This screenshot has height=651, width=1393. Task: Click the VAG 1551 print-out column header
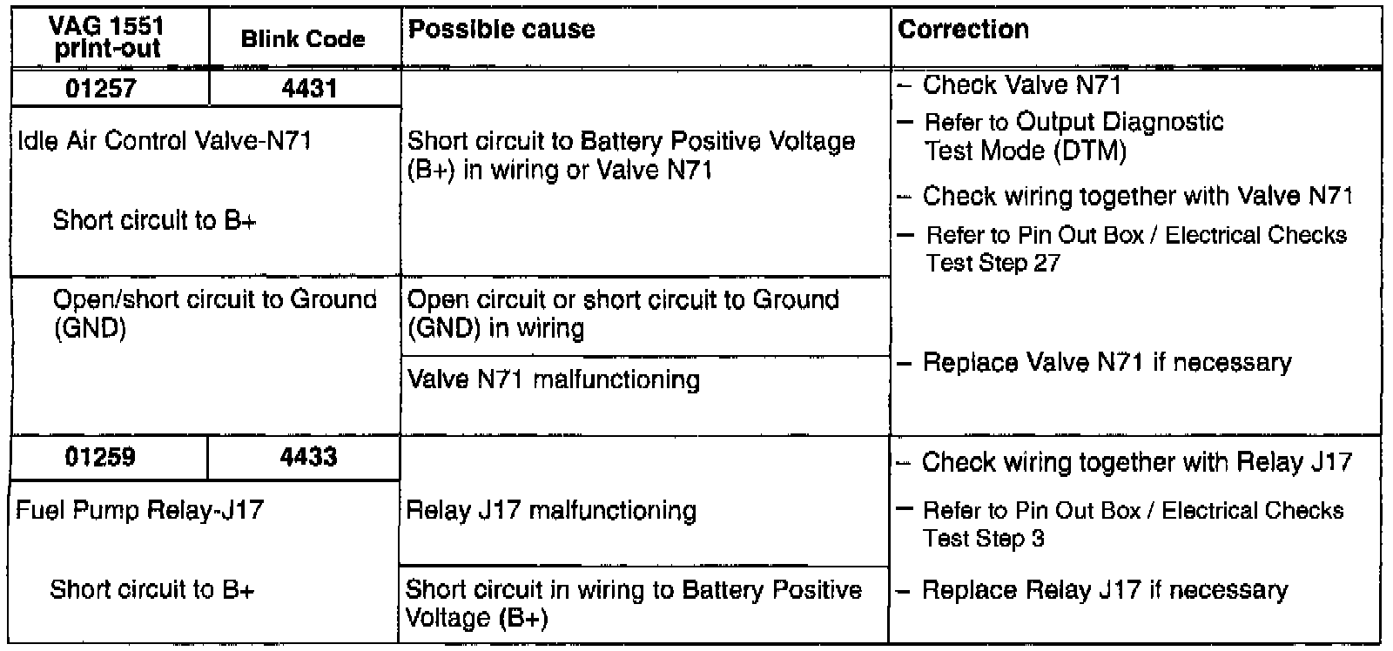tap(108, 38)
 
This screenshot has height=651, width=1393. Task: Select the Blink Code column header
tap(303, 39)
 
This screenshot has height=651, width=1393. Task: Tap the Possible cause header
tap(501, 30)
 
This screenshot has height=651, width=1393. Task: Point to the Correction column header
tap(963, 30)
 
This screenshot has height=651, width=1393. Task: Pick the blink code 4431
tap(309, 89)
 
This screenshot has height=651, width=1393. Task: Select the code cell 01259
tap(101, 458)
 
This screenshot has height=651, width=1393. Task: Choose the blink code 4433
tap(309, 458)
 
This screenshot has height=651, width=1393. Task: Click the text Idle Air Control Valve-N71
tap(165, 141)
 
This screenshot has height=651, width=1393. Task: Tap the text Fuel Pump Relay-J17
tap(139, 510)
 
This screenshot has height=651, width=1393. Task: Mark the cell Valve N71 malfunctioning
tap(554, 380)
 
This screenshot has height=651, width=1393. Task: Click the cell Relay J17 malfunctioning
tap(551, 511)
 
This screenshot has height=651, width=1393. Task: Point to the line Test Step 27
tap(993, 263)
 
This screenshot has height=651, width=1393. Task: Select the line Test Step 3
tap(984, 539)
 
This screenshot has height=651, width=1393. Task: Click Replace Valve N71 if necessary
tap(1107, 363)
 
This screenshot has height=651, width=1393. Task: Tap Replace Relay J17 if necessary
tap(1104, 590)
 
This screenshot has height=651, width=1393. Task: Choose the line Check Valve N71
tap(1021, 85)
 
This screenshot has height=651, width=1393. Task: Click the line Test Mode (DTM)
tap(1025, 152)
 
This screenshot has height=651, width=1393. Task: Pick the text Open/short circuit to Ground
tap(215, 300)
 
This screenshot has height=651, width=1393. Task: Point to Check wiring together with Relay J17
tap(1136, 462)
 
